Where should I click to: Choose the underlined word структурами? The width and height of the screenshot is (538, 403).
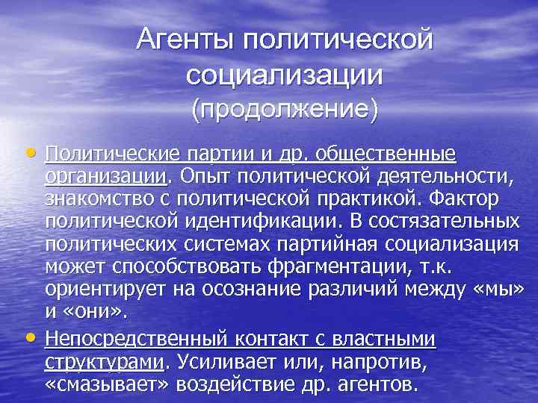104,363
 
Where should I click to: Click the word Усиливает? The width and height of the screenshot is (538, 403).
226,363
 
